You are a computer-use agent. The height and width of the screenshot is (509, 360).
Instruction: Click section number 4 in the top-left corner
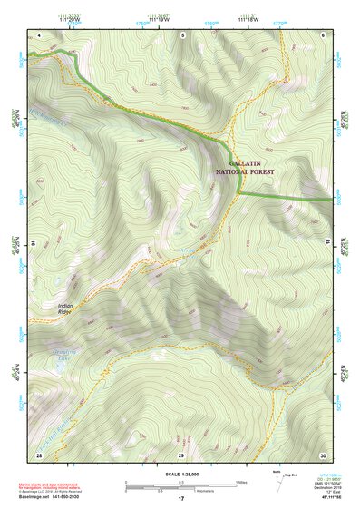coord(40,35)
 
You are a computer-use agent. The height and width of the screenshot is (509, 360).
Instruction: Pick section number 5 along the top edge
coord(182,35)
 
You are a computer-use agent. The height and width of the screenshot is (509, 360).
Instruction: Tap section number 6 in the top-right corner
coord(324,35)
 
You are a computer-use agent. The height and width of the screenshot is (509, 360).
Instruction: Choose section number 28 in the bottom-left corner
coord(39,454)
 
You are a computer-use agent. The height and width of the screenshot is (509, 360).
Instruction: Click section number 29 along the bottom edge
coord(181,454)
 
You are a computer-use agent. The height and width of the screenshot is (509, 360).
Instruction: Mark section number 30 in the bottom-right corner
coord(323,454)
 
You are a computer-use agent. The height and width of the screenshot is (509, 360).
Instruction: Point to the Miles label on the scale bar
coord(240,482)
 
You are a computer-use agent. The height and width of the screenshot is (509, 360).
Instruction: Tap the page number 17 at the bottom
coord(180,499)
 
